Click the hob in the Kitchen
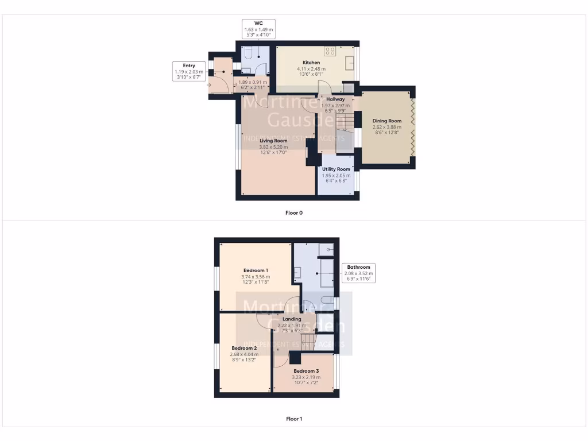(330, 51)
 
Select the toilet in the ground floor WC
(248, 54)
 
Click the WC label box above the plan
(258, 29)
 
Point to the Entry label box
(189, 71)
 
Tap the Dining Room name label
(387, 121)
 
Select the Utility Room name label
(336, 169)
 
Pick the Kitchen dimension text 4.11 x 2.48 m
(311, 68)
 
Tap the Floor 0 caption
(294, 213)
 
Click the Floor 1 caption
(294, 419)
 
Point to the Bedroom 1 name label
(256, 270)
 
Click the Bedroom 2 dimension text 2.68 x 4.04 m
(244, 354)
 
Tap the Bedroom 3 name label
(305, 372)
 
